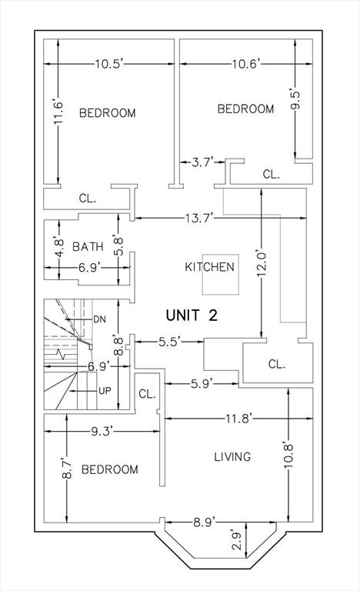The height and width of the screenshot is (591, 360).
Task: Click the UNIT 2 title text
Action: click(x=192, y=315)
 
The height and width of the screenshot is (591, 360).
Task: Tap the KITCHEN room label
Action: click(x=209, y=267)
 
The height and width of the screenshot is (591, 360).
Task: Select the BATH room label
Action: click(x=88, y=247)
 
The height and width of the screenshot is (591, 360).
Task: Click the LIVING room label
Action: click(x=232, y=457)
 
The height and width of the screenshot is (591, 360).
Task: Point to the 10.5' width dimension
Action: click(x=109, y=64)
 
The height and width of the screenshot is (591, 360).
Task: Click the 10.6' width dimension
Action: click(x=246, y=64)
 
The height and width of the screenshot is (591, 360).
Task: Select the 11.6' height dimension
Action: click(x=58, y=113)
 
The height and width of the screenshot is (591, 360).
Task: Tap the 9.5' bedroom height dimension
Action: click(x=296, y=100)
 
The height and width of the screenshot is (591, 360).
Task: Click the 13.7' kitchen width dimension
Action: click(x=199, y=218)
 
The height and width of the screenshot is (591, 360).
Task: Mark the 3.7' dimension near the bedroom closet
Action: click(x=203, y=162)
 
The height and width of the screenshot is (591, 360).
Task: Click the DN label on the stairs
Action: click(x=99, y=319)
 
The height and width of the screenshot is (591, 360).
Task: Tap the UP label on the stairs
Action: click(x=105, y=391)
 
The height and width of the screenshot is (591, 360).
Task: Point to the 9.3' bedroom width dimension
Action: click(x=102, y=431)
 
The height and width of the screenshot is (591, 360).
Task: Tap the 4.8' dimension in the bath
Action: click(x=58, y=246)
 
